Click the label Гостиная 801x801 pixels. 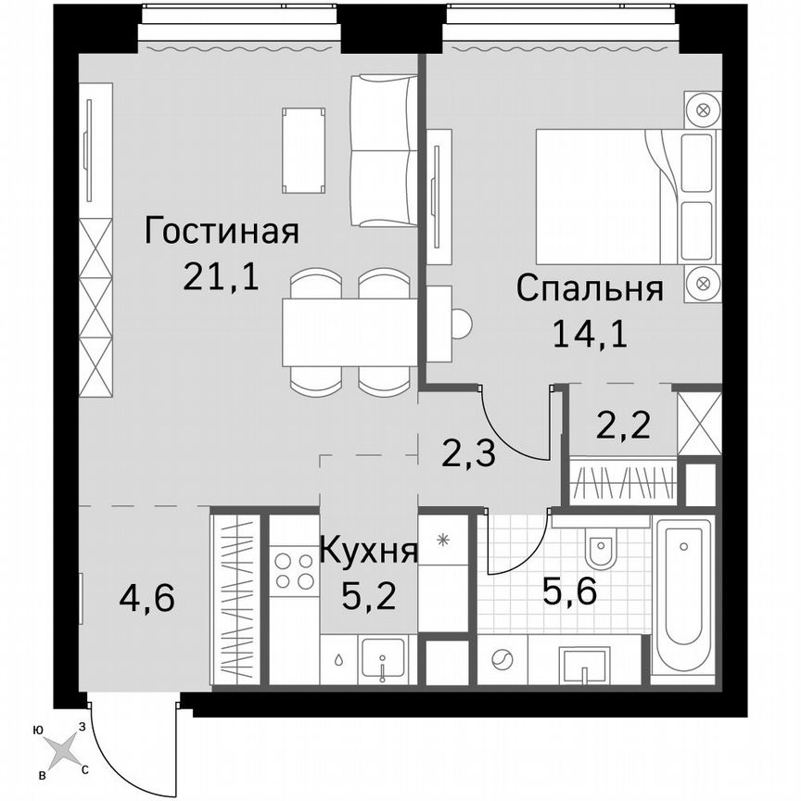222,230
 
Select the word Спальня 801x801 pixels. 591,288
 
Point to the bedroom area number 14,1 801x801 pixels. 590,332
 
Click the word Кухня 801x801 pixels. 368,552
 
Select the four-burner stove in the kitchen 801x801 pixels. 294,571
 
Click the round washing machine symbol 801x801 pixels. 502,661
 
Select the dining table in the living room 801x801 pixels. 348,331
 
